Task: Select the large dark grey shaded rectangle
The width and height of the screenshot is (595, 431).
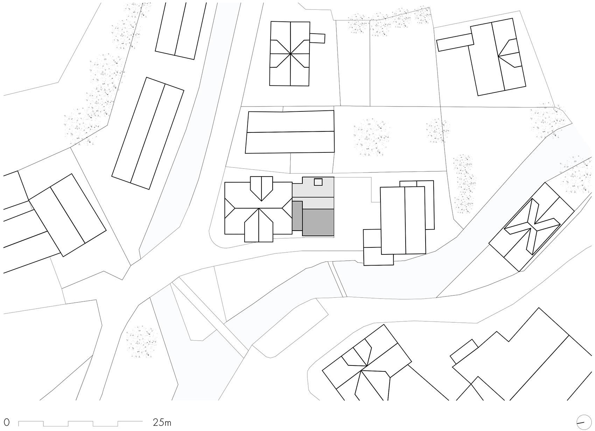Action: (x=318, y=223)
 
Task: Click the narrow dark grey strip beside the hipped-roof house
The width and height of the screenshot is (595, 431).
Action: (x=297, y=216)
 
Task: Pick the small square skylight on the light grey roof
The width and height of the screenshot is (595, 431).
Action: (x=318, y=182)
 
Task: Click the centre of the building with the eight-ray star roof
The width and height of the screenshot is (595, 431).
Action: (x=290, y=54)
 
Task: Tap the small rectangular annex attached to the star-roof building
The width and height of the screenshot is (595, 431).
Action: (x=317, y=38)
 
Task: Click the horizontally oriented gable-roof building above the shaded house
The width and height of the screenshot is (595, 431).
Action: (x=290, y=132)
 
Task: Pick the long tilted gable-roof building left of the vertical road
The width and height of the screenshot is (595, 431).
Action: (x=148, y=133)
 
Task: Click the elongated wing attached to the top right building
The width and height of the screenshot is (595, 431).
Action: (x=455, y=42)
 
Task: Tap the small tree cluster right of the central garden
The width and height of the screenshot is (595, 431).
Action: (x=437, y=131)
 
